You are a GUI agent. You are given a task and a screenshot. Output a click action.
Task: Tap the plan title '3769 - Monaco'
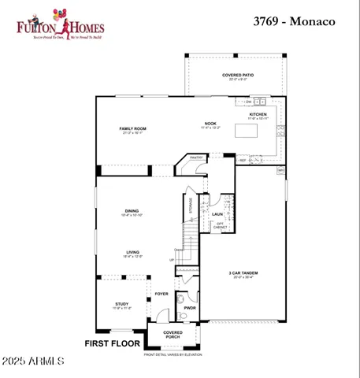coord(294,21)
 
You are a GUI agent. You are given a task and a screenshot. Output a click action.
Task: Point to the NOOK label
coord(210,123)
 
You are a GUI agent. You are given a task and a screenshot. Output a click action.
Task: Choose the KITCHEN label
coord(259,114)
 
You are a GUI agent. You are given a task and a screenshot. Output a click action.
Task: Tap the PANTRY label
coord(196,157)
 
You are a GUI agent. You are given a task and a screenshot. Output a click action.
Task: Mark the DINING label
coord(132,210)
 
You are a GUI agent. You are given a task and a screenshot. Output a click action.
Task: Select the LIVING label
coord(132,252)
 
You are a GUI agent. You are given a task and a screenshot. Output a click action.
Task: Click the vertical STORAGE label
coord(191,206)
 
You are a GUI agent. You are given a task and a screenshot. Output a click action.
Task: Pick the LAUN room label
coord(217,214)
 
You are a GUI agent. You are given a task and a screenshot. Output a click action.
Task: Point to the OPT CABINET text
coord(221,226)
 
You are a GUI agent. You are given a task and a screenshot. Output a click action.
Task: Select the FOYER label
coord(161,293)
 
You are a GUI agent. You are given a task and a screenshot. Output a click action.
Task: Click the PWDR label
coord(191,308)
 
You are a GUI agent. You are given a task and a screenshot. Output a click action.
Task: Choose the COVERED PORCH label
coord(173,335)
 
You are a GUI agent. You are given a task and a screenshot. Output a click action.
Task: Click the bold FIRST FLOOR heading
coord(112,344)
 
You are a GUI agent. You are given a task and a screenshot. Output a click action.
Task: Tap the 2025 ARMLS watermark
coord(33,361)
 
